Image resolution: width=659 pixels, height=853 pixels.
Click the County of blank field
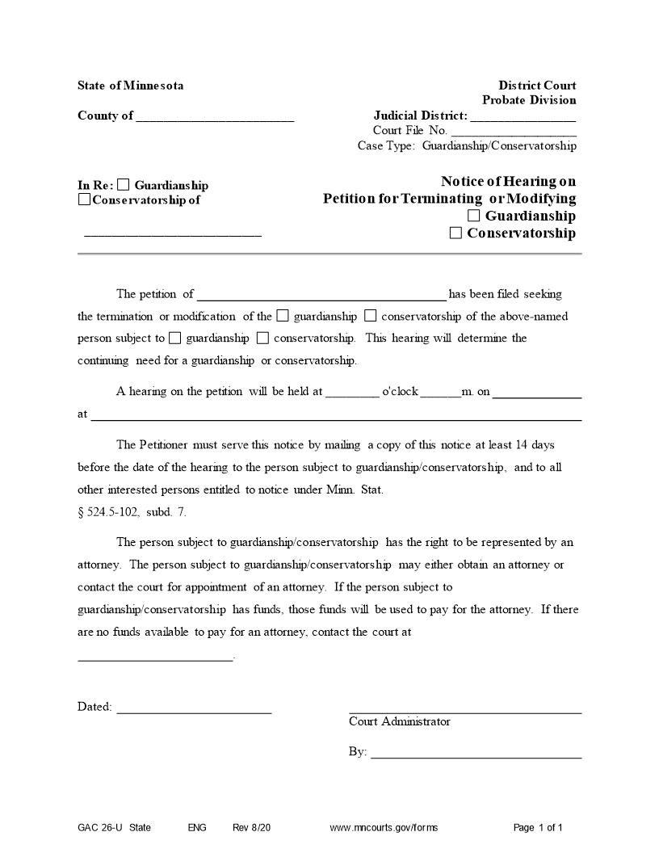click(215, 118)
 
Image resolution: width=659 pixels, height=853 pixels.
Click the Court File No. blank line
click(513, 132)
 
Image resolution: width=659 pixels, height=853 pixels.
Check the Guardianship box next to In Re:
click(123, 185)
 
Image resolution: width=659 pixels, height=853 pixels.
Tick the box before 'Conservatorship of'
click(84, 200)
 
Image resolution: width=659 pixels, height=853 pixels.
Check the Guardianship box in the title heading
click(473, 216)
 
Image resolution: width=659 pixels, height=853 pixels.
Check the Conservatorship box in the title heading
click(455, 233)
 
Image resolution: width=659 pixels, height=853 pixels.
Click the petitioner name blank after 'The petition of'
click(321, 296)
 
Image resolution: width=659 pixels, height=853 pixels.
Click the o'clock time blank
click(352, 393)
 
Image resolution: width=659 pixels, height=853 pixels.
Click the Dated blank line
click(194, 709)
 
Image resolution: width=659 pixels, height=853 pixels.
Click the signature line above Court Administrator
click(464, 711)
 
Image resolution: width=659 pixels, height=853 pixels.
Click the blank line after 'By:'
click(476, 754)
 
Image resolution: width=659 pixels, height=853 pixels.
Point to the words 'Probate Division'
click(529, 100)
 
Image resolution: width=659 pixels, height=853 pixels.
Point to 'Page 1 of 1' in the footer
click(538, 828)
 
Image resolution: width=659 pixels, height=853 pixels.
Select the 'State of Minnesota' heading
click(130, 86)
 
